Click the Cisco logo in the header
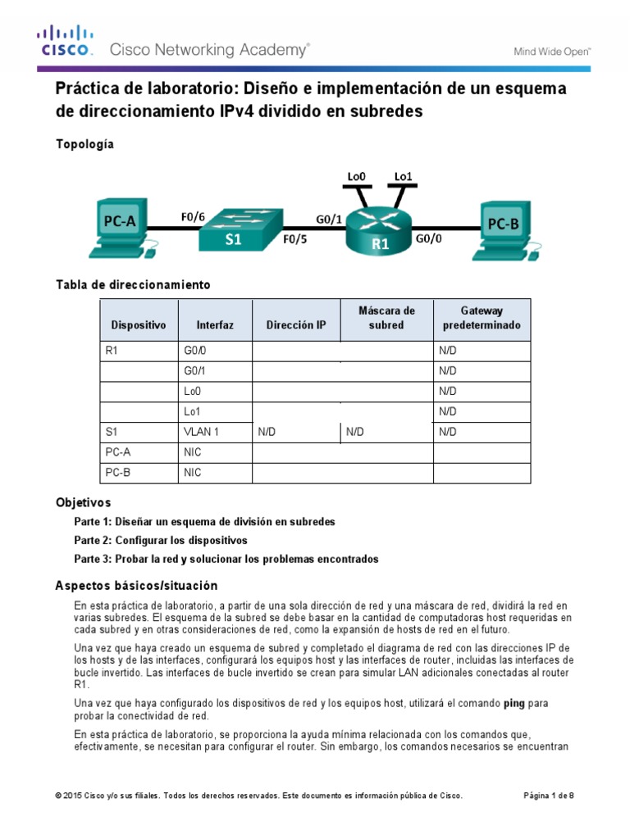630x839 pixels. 66,42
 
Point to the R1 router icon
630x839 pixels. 378,229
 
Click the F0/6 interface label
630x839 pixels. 193,217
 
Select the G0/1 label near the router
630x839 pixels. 330,219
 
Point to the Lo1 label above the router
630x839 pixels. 404,176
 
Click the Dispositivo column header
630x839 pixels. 139,325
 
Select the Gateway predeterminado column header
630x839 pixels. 482,318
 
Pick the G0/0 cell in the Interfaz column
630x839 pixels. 196,351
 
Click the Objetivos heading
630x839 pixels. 83,502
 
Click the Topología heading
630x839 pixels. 84,144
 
